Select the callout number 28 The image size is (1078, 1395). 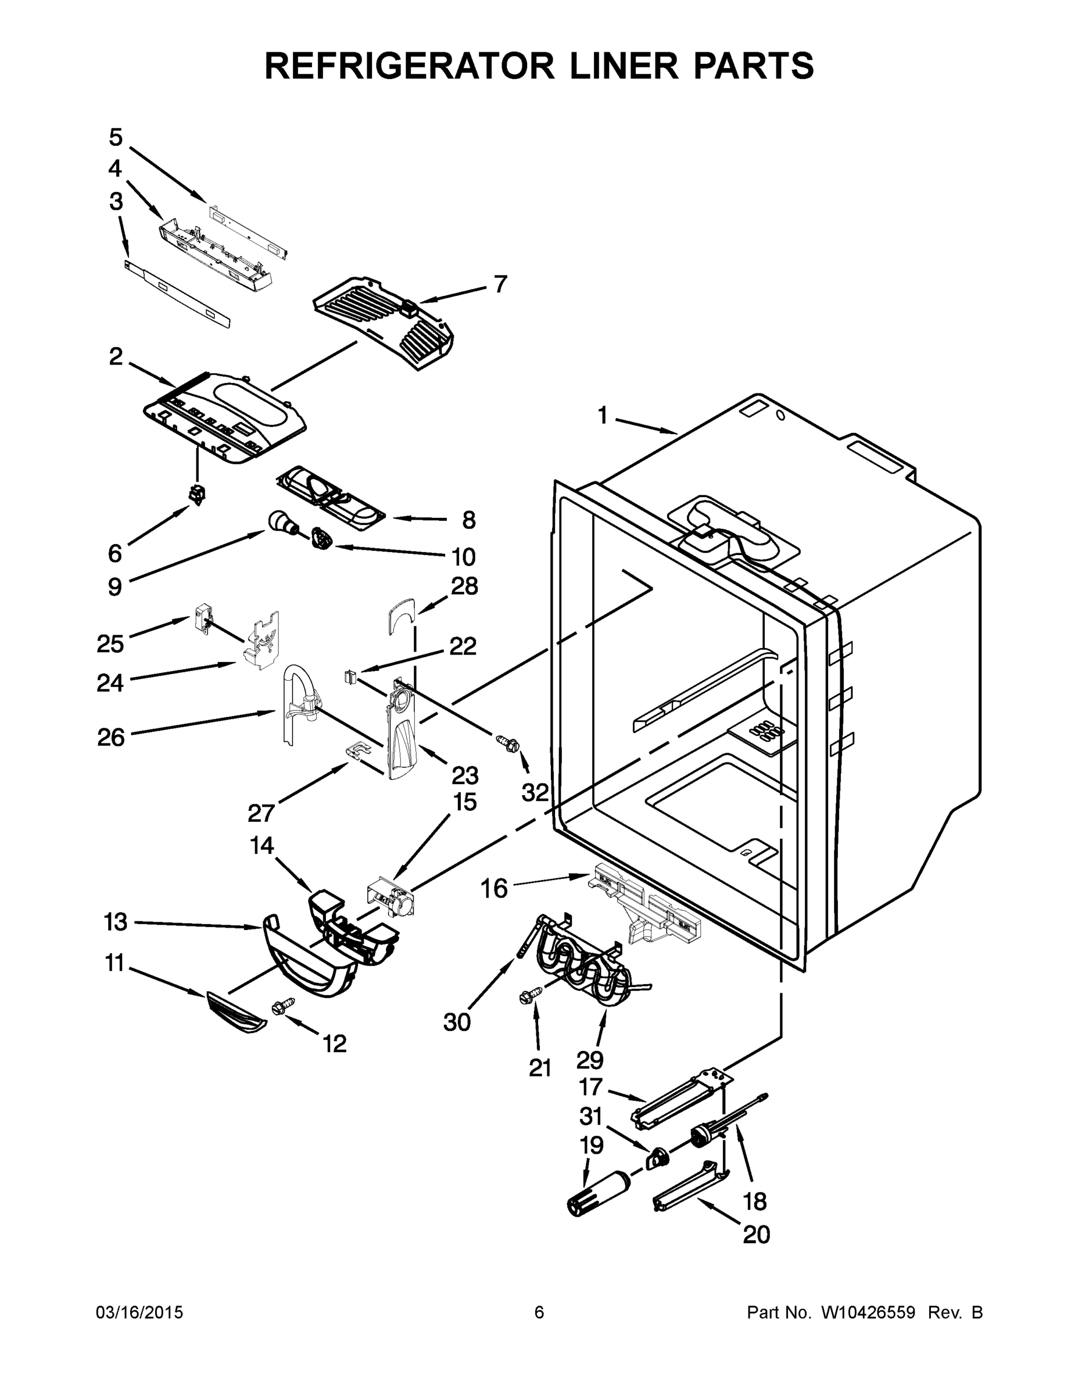point(464,586)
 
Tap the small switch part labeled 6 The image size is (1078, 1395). point(198,493)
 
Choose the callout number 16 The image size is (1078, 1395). point(493,888)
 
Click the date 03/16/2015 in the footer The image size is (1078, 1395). point(139,1312)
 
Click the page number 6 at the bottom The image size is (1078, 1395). point(539,1312)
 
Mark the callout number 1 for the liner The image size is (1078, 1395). point(602,416)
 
